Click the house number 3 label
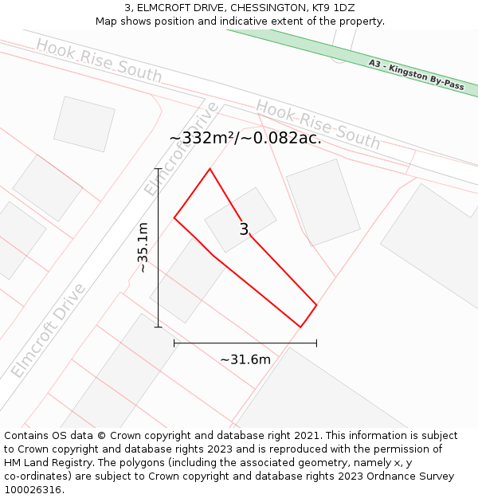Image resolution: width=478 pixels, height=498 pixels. pos(244,229)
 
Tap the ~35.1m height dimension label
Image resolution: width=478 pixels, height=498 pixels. pos(143,248)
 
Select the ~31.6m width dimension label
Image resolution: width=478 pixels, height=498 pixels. pos(245,359)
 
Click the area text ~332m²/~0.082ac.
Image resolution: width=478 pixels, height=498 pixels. pos(245,138)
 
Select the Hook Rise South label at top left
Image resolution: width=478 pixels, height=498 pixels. pos(98,61)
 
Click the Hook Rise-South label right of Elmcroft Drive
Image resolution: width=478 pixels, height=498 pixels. pos(318,124)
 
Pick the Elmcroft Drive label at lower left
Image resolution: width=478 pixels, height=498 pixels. pos(48,331)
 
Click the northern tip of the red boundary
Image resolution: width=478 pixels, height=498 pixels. pos(210,169)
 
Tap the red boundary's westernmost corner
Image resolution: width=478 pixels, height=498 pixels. pos(174,218)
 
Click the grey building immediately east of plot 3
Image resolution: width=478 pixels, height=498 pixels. pos(323,202)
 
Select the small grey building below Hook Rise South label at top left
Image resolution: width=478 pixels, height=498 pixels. pos(84,124)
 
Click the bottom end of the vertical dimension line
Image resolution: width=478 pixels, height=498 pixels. pos(158,327)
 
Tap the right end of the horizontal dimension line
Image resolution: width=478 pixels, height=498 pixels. pos(316,343)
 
